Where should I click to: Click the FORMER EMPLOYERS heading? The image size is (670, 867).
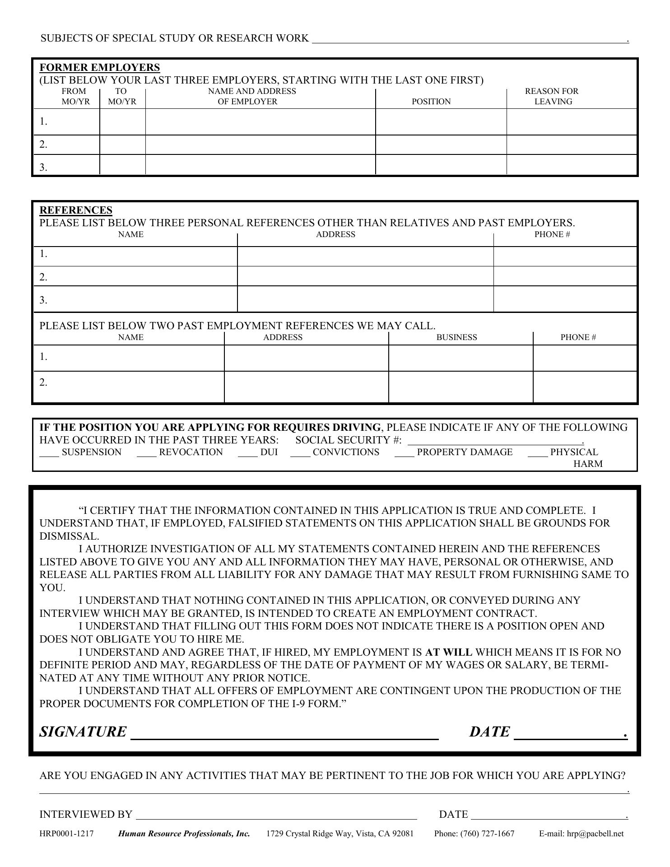pos(100,68)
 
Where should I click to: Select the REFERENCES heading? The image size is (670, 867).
pos(76,210)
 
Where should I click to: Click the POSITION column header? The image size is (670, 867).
pos(431,102)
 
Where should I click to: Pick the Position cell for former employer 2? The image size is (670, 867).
pos(441,145)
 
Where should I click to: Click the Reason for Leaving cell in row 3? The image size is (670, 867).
pos(572,165)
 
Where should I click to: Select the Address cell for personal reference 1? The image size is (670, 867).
pos(365,256)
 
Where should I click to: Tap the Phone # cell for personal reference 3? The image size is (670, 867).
pos(565,299)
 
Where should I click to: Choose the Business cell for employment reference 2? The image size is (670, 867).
pos(461,387)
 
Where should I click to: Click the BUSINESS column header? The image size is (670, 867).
pos(456,337)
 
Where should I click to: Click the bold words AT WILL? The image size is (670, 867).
pos(448,653)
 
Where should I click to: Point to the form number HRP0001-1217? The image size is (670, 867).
pos(66,834)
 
